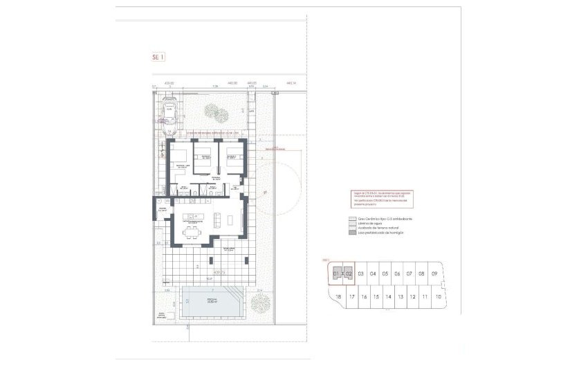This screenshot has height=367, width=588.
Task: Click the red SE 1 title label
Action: [158, 57]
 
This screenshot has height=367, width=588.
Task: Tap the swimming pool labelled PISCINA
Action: [215, 303]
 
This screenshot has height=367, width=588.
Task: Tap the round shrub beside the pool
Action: [260, 303]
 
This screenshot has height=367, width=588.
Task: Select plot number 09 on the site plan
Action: [434, 274]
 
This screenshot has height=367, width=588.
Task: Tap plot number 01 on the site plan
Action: [337, 274]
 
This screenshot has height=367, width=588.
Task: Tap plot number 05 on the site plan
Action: [385, 274]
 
